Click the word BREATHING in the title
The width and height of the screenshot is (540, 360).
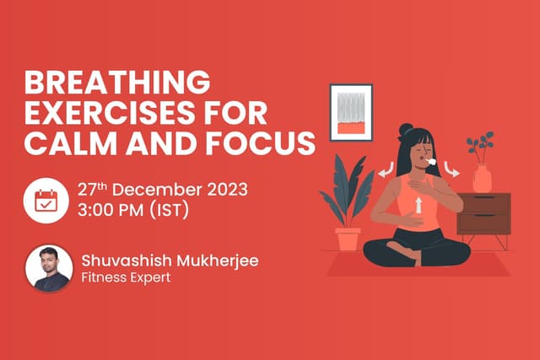[117, 84]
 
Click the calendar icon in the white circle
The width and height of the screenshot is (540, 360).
[46, 200]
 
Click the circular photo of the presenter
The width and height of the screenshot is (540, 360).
[47, 269]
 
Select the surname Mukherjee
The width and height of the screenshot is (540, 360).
[216, 261]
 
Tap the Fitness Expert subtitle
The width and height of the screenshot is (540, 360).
[126, 279]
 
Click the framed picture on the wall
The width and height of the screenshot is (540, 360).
[351, 111]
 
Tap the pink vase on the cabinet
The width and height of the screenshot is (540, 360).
[482, 178]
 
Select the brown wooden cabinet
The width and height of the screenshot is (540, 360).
[483, 214]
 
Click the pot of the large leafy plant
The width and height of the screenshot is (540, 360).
[348, 239]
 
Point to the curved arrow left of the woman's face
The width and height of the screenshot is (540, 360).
[386, 173]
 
